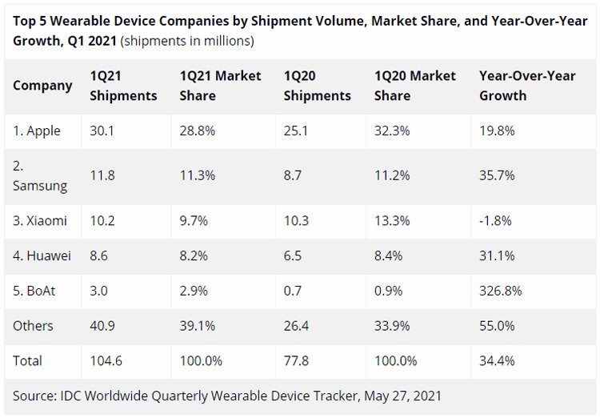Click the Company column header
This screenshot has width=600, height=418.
pos(42,86)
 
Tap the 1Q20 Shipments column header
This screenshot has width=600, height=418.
pos(317,86)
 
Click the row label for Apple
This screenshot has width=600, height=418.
pos(37,131)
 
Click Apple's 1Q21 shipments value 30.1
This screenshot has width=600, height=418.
pos(102,131)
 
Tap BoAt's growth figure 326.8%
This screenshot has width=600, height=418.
pos(501,291)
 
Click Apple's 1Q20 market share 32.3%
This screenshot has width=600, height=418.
pos(393,131)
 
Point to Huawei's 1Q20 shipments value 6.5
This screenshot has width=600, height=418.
pos(293,255)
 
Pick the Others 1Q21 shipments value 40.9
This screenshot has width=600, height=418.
pos(102,326)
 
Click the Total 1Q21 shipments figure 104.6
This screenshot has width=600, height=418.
pos(106,361)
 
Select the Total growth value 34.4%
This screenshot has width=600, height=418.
pos(497,361)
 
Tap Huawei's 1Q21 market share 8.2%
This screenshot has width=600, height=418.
pos(194,255)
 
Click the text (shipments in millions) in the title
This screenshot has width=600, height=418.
pos(187,40)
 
